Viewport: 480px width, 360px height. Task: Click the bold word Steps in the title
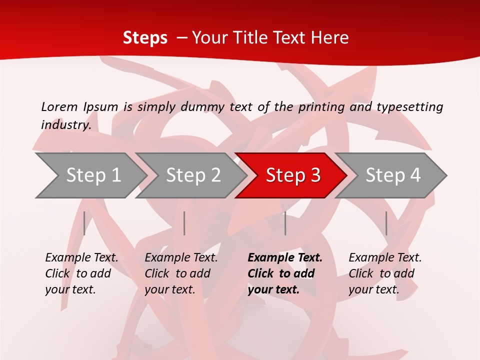(x=145, y=38)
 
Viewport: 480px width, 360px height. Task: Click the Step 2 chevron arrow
(x=192, y=175)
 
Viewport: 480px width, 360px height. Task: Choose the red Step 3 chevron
(x=292, y=175)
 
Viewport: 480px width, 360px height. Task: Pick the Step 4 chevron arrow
(x=392, y=175)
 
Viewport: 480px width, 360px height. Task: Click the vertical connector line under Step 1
(x=84, y=223)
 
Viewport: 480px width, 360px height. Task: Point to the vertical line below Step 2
(x=184, y=223)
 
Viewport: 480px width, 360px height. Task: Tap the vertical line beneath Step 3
(x=285, y=223)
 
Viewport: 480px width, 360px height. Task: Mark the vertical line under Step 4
(x=386, y=223)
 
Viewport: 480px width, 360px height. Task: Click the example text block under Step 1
(x=81, y=273)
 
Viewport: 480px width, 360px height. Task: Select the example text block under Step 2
(x=180, y=273)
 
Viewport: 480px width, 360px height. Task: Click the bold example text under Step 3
(x=284, y=273)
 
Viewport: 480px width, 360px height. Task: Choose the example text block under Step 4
(x=384, y=273)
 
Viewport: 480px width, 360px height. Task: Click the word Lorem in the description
(x=59, y=107)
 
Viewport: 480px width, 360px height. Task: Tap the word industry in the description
(x=65, y=125)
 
